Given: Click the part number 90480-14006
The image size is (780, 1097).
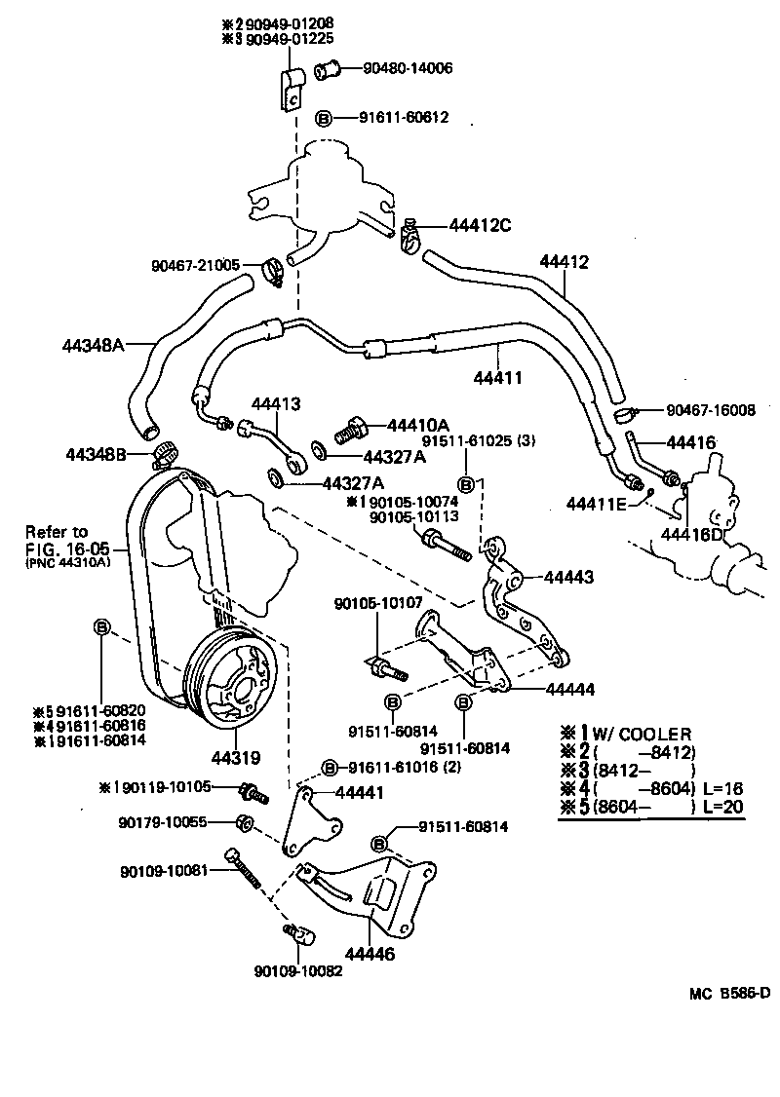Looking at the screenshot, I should [408, 68].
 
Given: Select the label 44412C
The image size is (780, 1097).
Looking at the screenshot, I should [480, 225].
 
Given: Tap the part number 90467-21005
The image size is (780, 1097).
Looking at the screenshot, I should [195, 265].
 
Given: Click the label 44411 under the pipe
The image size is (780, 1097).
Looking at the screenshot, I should [497, 376].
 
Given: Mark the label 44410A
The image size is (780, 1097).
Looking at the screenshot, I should [417, 425].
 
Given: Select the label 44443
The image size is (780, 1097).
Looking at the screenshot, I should [569, 578].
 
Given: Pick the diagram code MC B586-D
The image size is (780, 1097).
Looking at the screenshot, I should [729, 994].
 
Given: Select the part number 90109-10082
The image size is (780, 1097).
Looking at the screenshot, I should [297, 971].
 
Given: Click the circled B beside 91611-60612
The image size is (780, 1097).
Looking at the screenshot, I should [325, 118].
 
